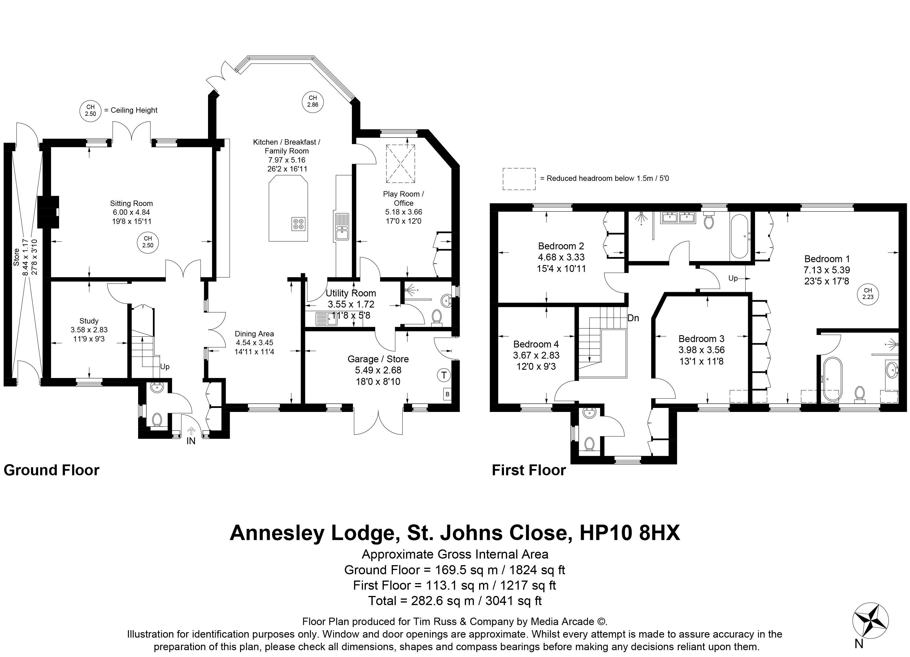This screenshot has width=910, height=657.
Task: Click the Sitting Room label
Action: [x=131, y=203]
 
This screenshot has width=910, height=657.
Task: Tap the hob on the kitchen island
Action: [x=298, y=223]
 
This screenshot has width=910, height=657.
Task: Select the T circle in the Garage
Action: [x=443, y=375]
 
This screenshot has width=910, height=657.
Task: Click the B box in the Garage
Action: [x=447, y=394]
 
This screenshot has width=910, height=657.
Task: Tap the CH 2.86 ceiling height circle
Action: [x=312, y=101]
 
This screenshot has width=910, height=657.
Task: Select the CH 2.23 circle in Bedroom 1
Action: [x=868, y=294]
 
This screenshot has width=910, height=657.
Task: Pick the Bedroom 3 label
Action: [x=701, y=339]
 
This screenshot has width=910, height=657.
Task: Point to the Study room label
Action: [x=89, y=321]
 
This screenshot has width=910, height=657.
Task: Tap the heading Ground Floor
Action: [x=51, y=470]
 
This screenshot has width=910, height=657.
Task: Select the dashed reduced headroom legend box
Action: [x=519, y=179]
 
